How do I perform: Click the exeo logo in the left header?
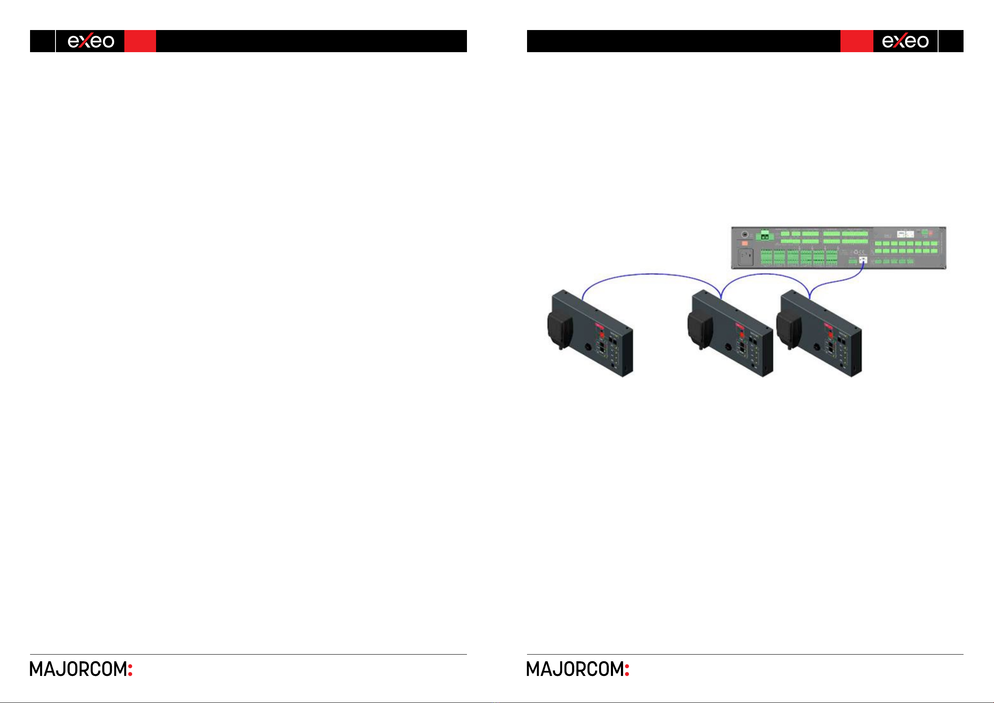[91, 41]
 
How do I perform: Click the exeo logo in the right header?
[905, 41]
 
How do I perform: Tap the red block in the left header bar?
[140, 41]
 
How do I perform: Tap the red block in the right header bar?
[856, 41]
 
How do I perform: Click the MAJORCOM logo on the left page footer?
[78, 669]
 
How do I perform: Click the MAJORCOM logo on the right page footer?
[575, 669]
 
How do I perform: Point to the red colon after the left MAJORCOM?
[130, 669]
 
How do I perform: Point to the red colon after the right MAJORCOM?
[627, 669]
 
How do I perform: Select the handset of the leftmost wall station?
[559, 329]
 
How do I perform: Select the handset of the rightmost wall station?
[788, 329]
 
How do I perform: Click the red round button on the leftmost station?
[602, 335]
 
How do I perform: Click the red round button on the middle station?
[742, 335]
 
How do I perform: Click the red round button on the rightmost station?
[830, 335]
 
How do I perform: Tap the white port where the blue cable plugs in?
[863, 260]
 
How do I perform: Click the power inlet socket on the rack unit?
[745, 257]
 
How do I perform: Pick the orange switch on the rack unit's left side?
[744, 243]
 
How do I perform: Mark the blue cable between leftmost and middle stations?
[651, 274]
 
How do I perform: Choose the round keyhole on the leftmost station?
[588, 347]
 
